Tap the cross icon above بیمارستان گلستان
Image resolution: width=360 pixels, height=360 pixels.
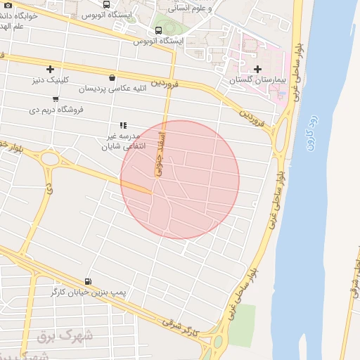click(x=257, y=69)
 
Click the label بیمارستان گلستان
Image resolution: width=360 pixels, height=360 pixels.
click(x=258, y=80)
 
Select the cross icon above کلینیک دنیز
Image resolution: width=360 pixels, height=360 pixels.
click(x=50, y=69)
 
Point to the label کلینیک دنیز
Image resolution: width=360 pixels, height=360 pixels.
click(x=49, y=79)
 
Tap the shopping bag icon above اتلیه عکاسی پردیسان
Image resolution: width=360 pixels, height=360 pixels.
click(x=112, y=78)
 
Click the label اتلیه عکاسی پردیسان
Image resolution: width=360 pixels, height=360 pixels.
click(x=112, y=89)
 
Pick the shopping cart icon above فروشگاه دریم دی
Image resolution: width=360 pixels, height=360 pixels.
click(x=55, y=99)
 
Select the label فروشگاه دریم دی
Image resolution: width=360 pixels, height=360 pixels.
click(x=56, y=110)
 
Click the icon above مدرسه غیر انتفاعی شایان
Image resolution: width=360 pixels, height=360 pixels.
click(x=122, y=125)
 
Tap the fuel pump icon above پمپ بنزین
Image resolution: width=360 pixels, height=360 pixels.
click(x=87, y=281)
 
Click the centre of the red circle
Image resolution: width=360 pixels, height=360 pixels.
click(x=180, y=179)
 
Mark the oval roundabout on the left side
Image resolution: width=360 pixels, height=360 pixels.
click(x=50, y=158)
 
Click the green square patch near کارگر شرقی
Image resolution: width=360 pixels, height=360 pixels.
click(x=241, y=325)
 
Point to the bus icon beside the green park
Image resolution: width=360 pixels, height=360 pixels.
click(x=158, y=30)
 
